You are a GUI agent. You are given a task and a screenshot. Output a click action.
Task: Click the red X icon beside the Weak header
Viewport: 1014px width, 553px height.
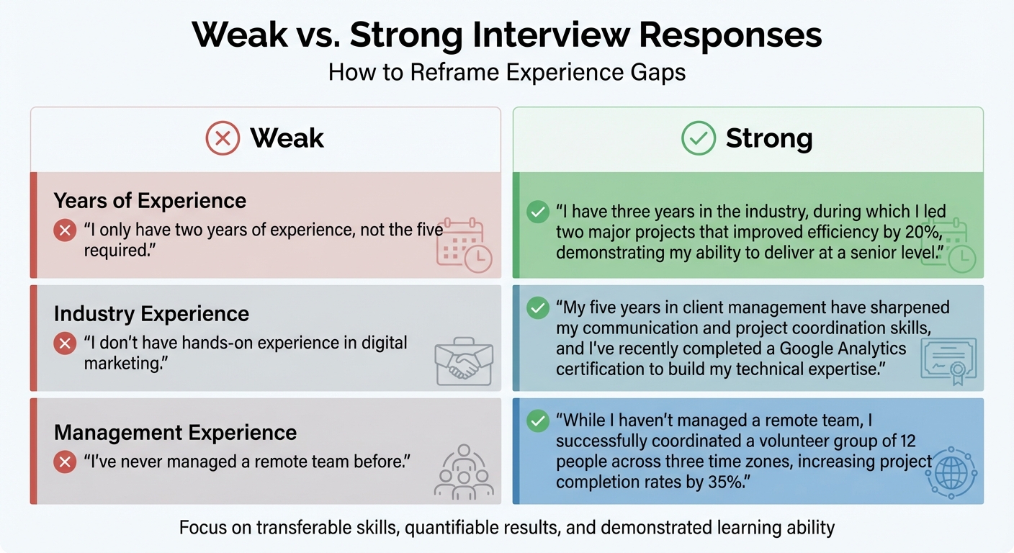[223, 138]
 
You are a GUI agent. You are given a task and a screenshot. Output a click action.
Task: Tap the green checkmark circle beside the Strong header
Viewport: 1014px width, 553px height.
[698, 138]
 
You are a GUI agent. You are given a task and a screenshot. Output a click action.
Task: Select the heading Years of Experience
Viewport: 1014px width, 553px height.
[150, 200]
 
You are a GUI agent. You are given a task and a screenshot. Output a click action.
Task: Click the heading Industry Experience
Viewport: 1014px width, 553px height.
[151, 314]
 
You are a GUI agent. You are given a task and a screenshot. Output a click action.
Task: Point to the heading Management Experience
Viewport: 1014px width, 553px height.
[175, 432]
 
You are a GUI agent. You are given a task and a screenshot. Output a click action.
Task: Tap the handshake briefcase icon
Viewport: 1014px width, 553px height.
[464, 364]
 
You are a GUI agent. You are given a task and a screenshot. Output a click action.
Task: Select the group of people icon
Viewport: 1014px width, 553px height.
[464, 472]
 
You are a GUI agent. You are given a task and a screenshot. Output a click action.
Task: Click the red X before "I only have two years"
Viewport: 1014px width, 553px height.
[65, 230]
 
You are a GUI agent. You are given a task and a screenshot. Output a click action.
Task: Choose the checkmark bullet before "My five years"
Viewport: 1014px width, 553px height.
[537, 309]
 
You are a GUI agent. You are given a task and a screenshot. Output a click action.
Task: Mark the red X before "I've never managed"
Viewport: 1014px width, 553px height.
[65, 462]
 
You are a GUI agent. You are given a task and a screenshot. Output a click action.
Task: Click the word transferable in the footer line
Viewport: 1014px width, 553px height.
[313, 528]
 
